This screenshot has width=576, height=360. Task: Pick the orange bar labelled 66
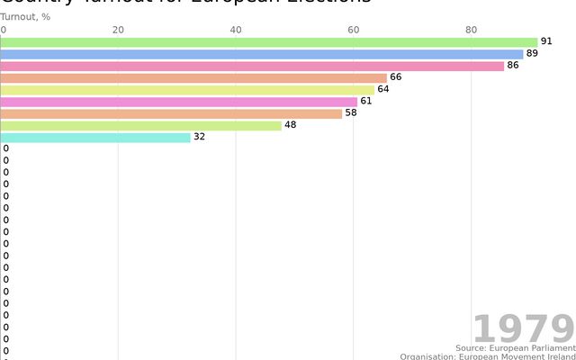click(193, 77)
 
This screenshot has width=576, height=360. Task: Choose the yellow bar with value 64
click(187, 90)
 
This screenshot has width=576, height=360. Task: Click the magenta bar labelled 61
click(179, 102)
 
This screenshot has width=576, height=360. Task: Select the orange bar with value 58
click(171, 113)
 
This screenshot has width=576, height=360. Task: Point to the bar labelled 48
click(141, 125)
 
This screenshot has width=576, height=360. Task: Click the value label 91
click(545, 42)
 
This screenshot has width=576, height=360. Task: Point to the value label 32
click(199, 137)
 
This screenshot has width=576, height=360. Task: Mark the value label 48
click(290, 125)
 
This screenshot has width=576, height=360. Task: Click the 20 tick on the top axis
click(118, 30)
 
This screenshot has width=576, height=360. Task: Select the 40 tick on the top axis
click(236, 30)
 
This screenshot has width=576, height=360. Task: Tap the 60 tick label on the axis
click(353, 30)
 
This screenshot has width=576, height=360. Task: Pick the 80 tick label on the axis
click(471, 30)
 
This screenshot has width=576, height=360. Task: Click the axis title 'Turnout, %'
click(25, 16)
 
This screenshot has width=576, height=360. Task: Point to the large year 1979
click(523, 328)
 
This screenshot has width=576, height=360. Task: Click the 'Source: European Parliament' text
click(515, 347)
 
